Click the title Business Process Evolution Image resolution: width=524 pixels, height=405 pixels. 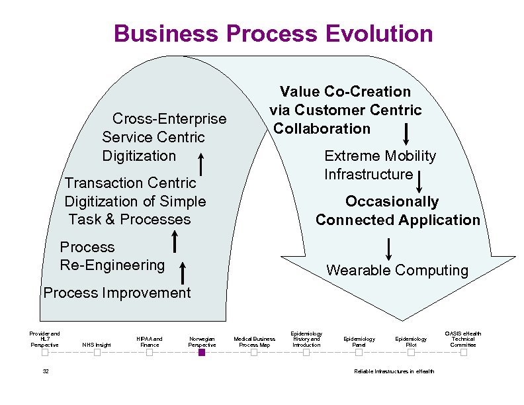[273, 33]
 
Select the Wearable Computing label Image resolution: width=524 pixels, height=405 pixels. [397, 270]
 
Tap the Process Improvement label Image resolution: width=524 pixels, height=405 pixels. [116, 293]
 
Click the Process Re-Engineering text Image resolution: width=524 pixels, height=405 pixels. [112, 256]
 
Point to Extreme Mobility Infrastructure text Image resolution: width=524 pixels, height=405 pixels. [380, 165]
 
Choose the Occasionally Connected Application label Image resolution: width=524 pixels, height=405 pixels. [398, 210]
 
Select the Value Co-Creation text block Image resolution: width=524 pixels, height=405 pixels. [345, 110]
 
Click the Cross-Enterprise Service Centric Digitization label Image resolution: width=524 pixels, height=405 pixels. [163, 137]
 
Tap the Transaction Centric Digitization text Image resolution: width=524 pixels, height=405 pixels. [134, 201]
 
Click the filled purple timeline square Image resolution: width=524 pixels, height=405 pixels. [202, 353]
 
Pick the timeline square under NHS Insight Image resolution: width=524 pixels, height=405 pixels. [97, 353]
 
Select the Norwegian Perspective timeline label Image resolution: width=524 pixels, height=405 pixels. [202, 341]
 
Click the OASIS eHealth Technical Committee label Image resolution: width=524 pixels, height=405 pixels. [463, 339]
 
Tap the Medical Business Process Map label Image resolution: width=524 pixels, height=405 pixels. [254, 341]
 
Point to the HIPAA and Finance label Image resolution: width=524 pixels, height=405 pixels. [149, 341]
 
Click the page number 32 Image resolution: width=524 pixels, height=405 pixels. [46, 371]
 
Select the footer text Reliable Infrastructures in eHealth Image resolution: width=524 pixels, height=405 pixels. [394, 371]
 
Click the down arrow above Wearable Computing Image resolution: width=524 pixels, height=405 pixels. [388, 248]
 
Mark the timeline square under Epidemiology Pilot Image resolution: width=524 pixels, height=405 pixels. [411, 353]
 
